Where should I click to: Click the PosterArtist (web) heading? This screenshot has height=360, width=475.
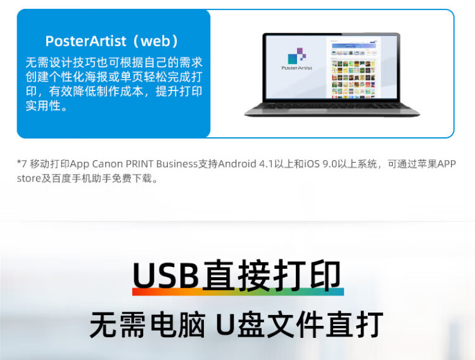click(x=111, y=41)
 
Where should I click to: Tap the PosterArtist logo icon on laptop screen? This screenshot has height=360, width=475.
click(x=296, y=56)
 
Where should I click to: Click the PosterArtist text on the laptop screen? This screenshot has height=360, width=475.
click(x=296, y=68)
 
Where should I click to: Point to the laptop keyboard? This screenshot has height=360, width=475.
click(x=332, y=106)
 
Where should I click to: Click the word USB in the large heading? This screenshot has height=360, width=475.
click(x=166, y=276)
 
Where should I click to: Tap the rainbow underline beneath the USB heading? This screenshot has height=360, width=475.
click(x=237, y=292)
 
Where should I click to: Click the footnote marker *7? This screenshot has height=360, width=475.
click(x=22, y=164)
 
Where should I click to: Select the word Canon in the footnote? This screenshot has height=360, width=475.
click(x=107, y=164)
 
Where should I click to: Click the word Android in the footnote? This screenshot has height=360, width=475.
click(x=237, y=164)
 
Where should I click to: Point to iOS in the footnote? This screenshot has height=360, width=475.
click(x=312, y=164)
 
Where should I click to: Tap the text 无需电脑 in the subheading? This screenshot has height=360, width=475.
click(x=148, y=325)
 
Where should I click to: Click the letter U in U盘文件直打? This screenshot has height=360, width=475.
click(x=225, y=325)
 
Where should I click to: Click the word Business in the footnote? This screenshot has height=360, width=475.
click(x=177, y=164)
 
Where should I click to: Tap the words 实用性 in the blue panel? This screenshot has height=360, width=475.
click(x=43, y=106)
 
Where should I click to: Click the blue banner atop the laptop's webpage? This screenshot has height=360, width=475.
click(x=353, y=46)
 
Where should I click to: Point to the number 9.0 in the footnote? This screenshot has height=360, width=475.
click(x=329, y=164)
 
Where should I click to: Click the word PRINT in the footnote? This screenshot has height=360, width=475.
click(x=139, y=164)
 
